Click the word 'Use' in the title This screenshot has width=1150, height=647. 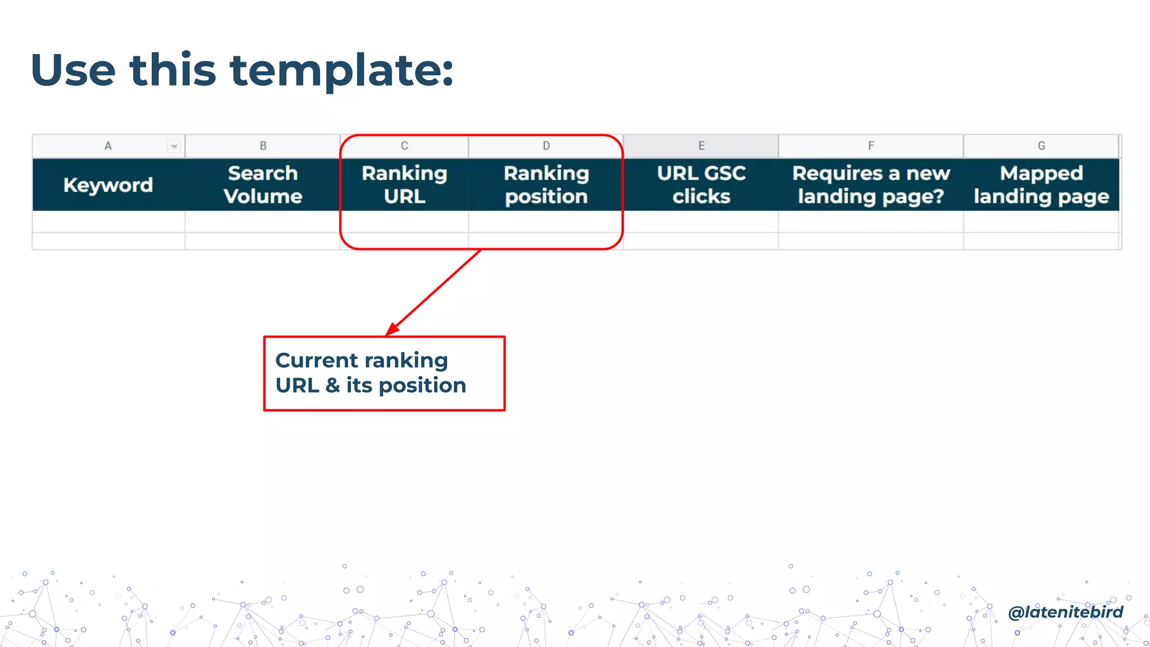(73, 70)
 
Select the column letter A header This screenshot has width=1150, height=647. (108, 146)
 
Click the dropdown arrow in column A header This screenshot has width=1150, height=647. (174, 147)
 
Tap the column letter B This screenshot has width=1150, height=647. (263, 146)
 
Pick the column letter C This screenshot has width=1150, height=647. (404, 146)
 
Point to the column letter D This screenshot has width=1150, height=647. (546, 146)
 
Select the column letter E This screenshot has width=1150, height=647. (701, 146)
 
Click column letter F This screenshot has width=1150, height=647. (871, 146)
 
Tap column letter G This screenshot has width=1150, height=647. (1041, 146)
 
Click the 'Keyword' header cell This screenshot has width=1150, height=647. (108, 185)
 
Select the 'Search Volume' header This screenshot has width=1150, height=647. (263, 185)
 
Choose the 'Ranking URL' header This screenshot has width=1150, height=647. (404, 185)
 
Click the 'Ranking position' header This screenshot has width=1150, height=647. (546, 185)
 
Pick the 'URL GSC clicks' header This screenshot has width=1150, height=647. (701, 185)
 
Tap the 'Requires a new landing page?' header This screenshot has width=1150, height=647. (871, 185)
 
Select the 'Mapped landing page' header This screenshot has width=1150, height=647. (1041, 185)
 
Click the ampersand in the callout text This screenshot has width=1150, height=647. (332, 386)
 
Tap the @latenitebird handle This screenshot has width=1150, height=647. (1065, 612)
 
